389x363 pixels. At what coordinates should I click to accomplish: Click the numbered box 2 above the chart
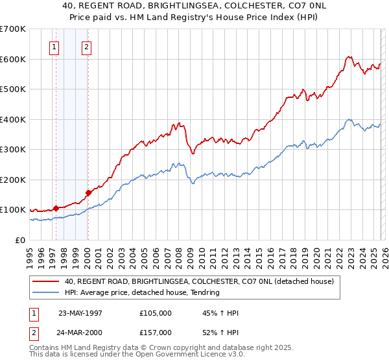coord(86,47)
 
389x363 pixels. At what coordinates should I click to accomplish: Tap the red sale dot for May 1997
coord(56,208)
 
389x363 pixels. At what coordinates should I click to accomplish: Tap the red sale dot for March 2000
coord(88,193)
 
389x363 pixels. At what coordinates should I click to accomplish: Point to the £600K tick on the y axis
coord(13,59)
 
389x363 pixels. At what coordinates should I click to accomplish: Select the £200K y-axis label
coord(13,180)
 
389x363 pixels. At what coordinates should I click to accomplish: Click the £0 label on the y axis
coord(19,240)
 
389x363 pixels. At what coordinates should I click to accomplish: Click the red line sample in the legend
coord(47,281)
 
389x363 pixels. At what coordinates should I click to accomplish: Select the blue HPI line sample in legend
coord(47,292)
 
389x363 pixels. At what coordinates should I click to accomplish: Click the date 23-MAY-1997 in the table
coord(80,313)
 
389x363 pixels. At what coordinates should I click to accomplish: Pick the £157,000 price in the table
coord(156,332)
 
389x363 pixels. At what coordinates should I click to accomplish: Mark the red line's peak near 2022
coord(349,56)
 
